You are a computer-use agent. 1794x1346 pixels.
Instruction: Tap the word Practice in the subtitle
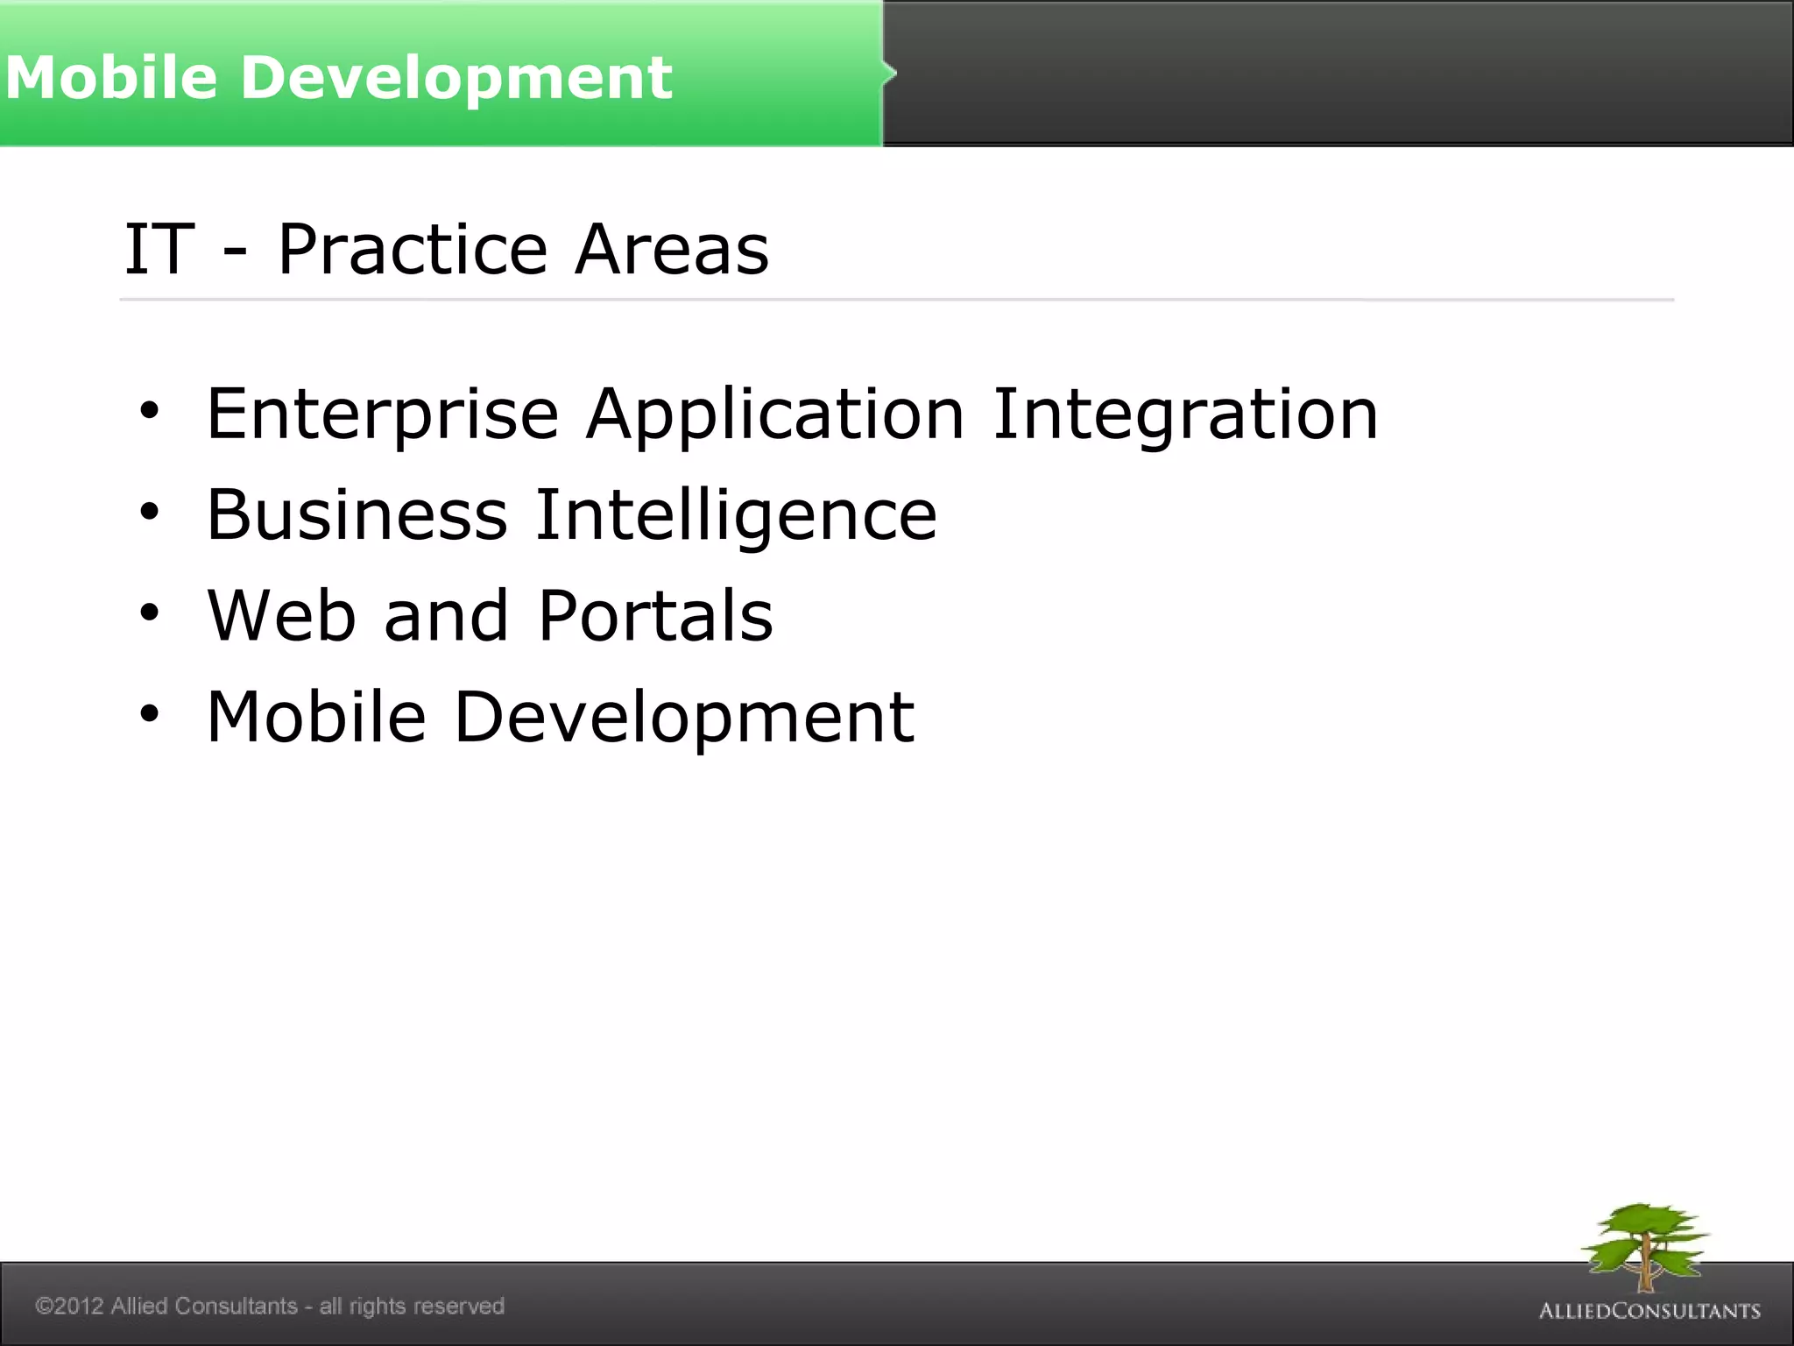tap(412, 250)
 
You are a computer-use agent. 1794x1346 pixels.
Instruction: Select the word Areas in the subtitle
tap(672, 250)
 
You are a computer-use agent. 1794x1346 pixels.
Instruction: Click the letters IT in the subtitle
tap(159, 250)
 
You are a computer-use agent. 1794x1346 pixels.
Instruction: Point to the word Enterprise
tap(382, 414)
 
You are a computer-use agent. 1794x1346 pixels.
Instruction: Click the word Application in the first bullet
tap(775, 414)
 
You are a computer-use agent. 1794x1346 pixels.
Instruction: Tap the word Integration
tap(1185, 414)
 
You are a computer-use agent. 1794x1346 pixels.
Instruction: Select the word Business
tap(357, 514)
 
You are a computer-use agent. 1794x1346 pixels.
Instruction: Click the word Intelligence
tap(736, 514)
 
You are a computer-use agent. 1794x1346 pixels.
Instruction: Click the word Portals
tap(655, 615)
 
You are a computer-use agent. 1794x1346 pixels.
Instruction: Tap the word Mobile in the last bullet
tap(316, 717)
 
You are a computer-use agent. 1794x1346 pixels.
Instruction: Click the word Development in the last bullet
tap(684, 717)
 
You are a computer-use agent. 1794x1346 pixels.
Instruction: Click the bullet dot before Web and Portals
tap(150, 613)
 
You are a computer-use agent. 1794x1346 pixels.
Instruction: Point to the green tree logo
tap(1644, 1244)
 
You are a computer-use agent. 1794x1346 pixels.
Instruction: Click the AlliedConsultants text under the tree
tap(1649, 1311)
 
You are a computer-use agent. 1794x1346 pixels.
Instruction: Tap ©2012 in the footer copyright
tap(69, 1306)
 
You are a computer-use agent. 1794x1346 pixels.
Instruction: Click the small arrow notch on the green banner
tap(890, 73)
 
